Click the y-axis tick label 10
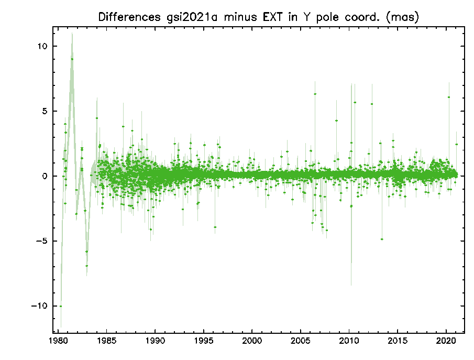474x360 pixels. point(42,46)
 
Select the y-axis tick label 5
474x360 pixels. point(45,111)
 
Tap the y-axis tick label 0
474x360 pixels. point(45,176)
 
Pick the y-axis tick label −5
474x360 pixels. point(42,241)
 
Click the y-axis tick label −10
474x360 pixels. point(39,306)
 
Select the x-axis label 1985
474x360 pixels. point(106,340)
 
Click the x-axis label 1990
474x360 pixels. point(155,340)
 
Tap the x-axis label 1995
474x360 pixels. point(203,340)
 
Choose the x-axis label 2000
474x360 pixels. point(252,340)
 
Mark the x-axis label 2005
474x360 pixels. point(301,340)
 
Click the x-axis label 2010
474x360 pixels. point(349,340)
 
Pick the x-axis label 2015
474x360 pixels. point(398,340)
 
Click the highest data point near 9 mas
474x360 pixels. point(72,59)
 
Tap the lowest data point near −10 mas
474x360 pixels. point(61,306)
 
